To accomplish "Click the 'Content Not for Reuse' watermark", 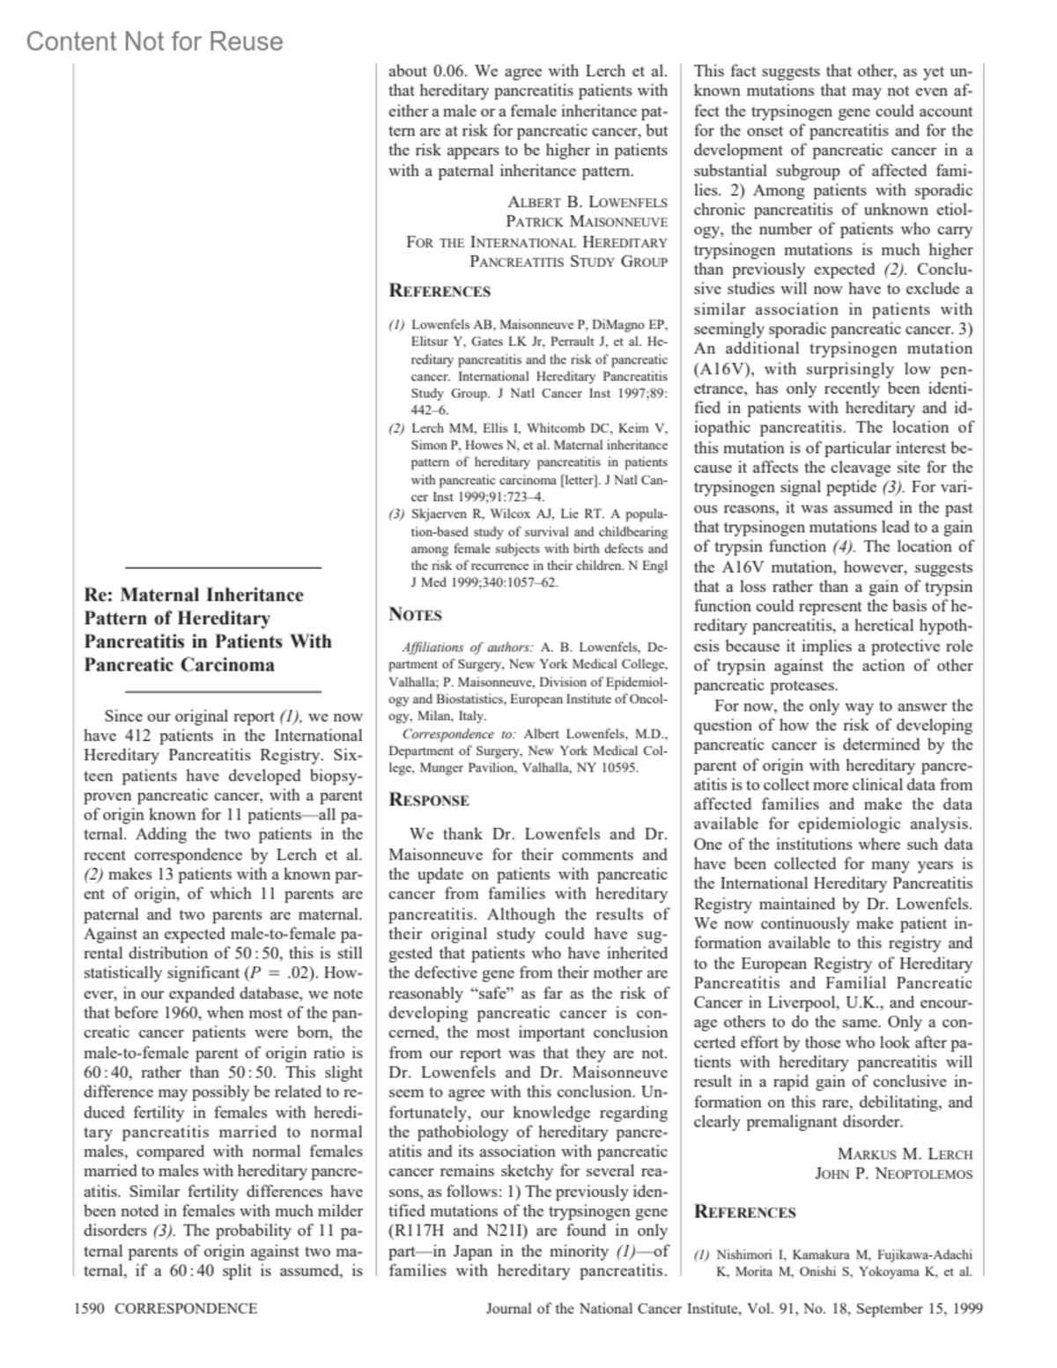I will tap(155, 41).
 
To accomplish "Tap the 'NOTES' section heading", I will tap(415, 615).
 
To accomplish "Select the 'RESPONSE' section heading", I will tap(429, 800).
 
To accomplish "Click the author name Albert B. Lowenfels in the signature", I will tap(588, 202).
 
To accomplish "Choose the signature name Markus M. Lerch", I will tap(905, 1154).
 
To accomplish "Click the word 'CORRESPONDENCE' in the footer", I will tap(186, 1308).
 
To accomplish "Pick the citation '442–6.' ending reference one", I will tap(430, 410).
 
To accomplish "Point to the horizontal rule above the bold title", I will tap(223, 568).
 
